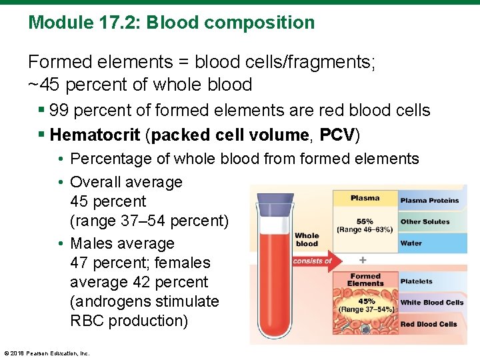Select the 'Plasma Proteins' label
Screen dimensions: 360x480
pos(429,200)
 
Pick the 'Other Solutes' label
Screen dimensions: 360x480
pos(425,221)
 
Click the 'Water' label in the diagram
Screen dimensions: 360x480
pos(411,243)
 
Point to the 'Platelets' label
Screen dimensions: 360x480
pos(417,281)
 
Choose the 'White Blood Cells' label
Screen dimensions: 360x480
pos(432,303)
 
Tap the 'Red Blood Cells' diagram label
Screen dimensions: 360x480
pos(429,324)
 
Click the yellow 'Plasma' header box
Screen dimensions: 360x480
pos(365,198)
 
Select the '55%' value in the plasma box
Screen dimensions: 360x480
pos(365,221)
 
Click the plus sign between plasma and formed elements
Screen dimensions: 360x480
pos(363,259)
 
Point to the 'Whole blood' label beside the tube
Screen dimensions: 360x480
pos(307,239)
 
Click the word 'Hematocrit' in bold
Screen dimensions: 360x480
pos(95,135)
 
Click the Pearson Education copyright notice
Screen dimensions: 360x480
pos(47,353)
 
